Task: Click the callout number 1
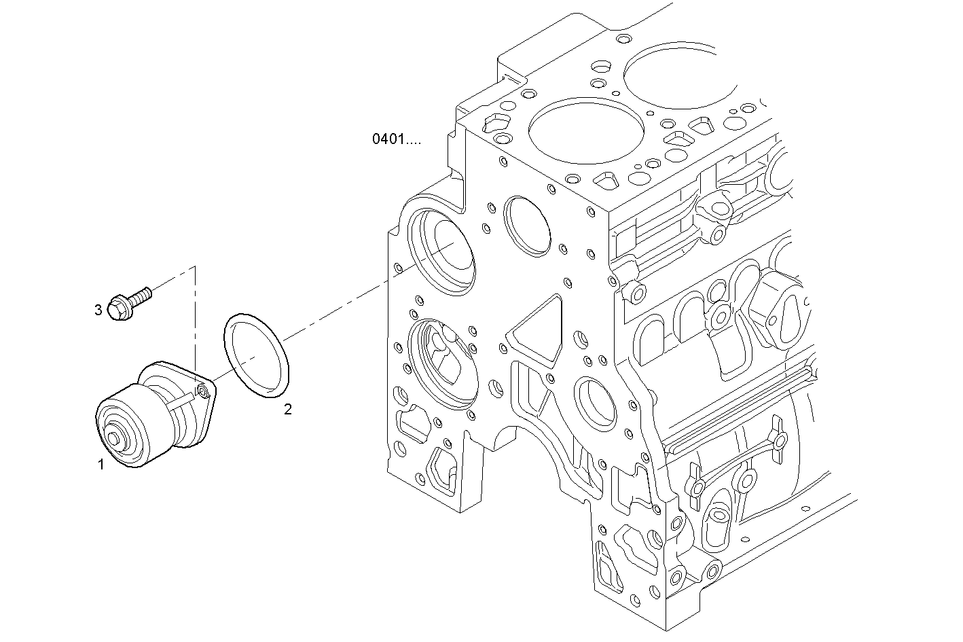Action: tap(101, 465)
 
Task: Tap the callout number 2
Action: tap(288, 409)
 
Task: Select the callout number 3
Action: tap(98, 310)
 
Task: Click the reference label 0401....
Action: tap(396, 139)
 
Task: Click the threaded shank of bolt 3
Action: tap(141, 296)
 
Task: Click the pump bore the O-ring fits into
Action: tap(442, 251)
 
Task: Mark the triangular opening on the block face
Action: tap(537, 330)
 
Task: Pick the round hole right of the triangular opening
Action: tap(595, 405)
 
